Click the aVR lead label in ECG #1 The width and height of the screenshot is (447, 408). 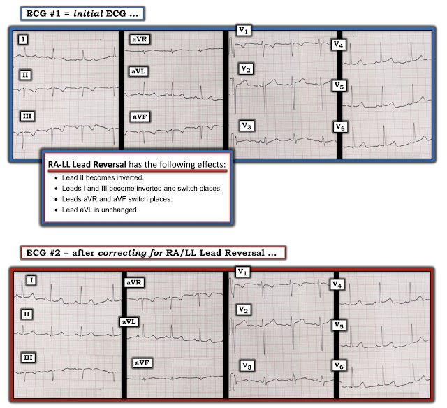pyautogui.click(x=140, y=39)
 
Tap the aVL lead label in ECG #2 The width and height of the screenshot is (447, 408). pyautogui.click(x=129, y=322)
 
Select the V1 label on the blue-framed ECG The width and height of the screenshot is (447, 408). pyautogui.click(x=244, y=30)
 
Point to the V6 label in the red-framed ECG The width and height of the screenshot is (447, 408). pyautogui.click(x=339, y=365)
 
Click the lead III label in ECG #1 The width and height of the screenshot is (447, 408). pyautogui.click(x=27, y=116)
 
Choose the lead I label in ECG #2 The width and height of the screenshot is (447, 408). pyautogui.click(x=31, y=280)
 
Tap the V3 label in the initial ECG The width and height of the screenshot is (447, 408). pyautogui.click(x=247, y=126)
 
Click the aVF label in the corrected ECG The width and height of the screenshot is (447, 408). pyautogui.click(x=142, y=363)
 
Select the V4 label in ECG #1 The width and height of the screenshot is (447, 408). pyautogui.click(x=338, y=45)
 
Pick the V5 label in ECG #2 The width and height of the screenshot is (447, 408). pyautogui.click(x=339, y=325)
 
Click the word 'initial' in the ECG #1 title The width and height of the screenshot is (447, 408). pyautogui.click(x=88, y=14)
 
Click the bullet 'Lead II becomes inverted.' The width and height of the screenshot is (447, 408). pyautogui.click(x=103, y=177)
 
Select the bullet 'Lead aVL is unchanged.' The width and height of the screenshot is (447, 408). pyautogui.click(x=100, y=210)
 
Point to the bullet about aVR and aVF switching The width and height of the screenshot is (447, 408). pyautogui.click(x=117, y=199)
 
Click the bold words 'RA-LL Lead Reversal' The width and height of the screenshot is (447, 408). pyautogui.click(x=87, y=164)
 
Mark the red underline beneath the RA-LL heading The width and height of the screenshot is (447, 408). pyautogui.click(x=138, y=170)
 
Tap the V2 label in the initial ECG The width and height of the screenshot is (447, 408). pyautogui.click(x=246, y=69)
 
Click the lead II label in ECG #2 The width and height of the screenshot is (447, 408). pyautogui.click(x=27, y=314)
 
